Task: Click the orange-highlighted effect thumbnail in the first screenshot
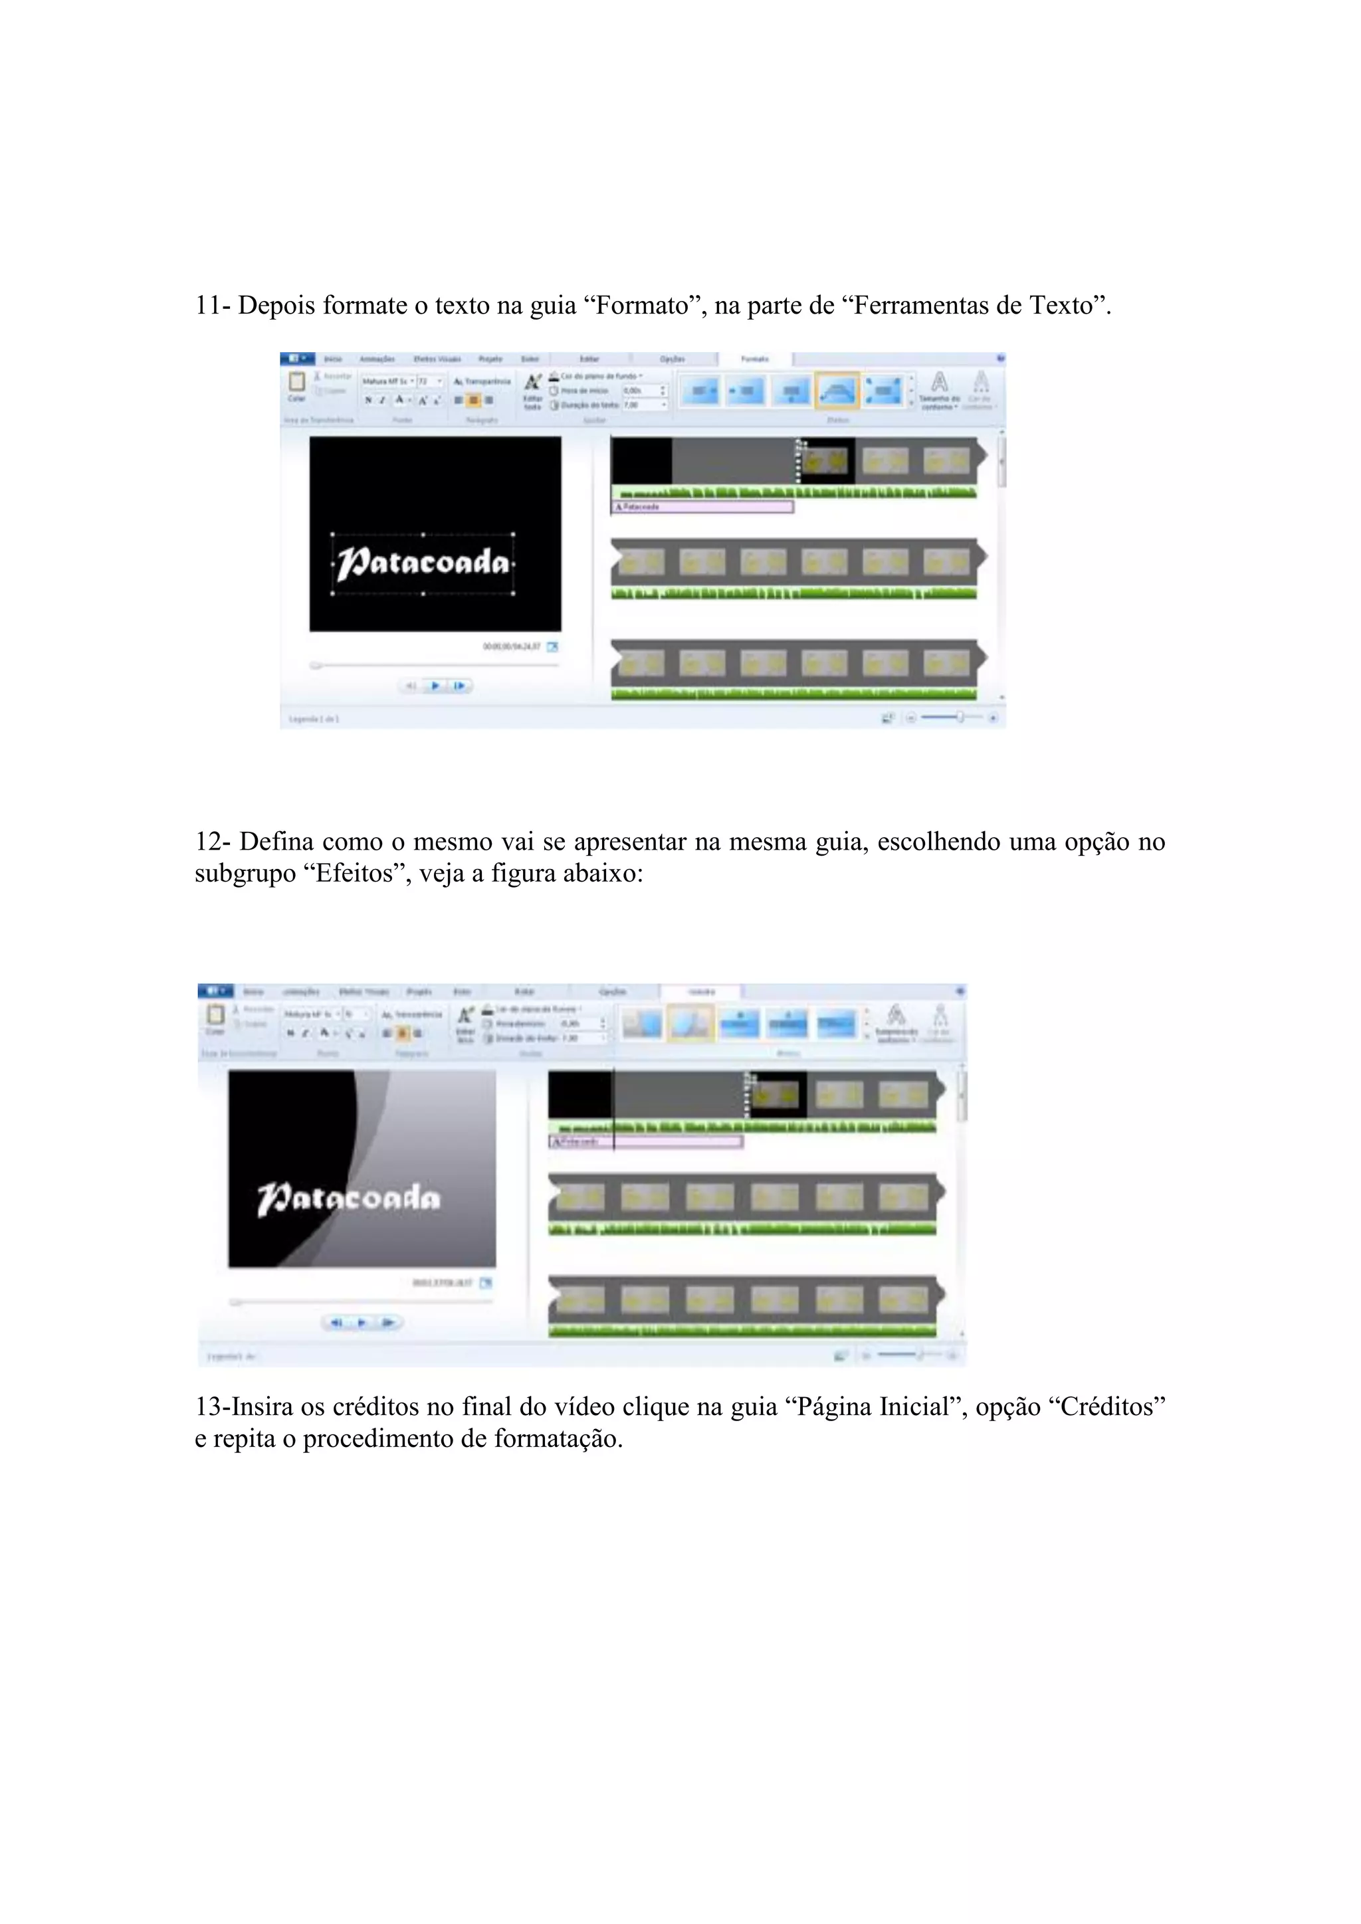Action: click(837, 391)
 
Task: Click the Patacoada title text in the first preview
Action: click(423, 562)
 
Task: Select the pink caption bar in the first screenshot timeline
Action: click(702, 507)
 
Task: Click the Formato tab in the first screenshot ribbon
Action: click(754, 359)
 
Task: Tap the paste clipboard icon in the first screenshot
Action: click(296, 382)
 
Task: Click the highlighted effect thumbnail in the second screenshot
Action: click(690, 1023)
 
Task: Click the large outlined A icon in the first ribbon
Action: click(940, 384)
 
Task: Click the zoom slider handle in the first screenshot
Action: click(960, 718)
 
